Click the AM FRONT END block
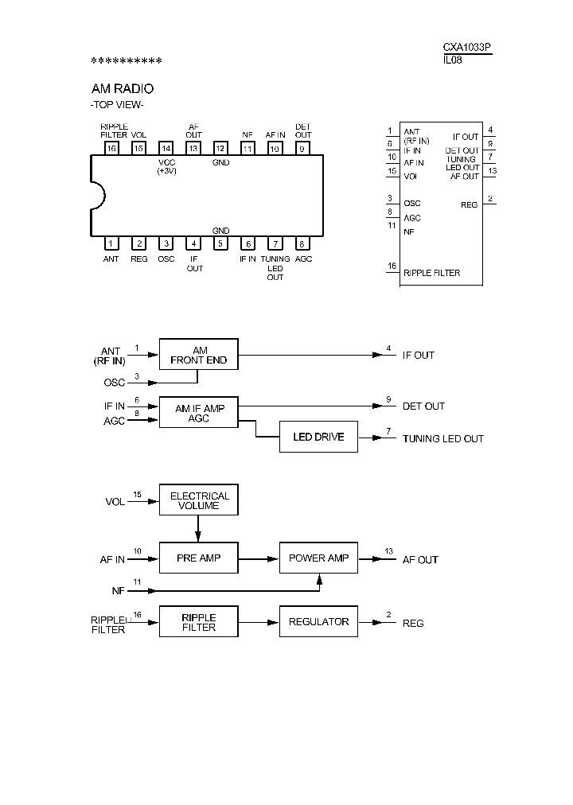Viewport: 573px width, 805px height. [198, 355]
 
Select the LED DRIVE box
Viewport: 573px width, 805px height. [318, 437]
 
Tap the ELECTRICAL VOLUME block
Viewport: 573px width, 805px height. [198, 500]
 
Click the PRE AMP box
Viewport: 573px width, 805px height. [198, 558]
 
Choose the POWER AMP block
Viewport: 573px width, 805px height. [318, 558]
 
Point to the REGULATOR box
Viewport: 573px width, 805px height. [318, 622]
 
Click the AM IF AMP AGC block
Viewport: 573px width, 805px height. [198, 413]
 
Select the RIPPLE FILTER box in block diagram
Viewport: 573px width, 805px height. [198, 622]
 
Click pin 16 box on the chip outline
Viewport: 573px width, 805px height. [111, 148]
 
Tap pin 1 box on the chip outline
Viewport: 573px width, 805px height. [111, 243]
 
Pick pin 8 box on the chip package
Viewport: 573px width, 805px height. [302, 243]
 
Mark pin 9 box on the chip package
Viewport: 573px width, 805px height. [302, 148]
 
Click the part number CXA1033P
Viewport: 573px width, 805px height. [467, 48]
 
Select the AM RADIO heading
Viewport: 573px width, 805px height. [123, 89]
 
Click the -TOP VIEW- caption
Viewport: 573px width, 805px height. [116, 105]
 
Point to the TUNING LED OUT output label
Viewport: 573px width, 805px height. [442, 438]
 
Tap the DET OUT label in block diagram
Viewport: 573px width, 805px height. [423, 406]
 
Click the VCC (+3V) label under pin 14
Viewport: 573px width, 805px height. [166, 166]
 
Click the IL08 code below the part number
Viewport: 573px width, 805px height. [452, 59]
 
